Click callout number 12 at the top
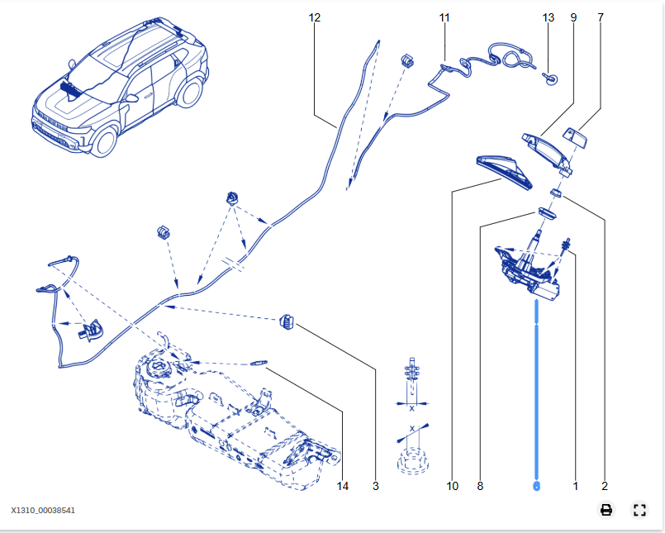[314, 17]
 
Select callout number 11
[444, 17]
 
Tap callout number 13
[549, 17]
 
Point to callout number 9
[572, 17]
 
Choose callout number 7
[600, 17]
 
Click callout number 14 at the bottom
[343, 486]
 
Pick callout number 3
[375, 486]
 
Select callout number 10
[452, 486]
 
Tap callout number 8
[480, 486]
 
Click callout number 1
[576, 486]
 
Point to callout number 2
[604, 486]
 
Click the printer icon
[606, 510]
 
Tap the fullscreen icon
[639, 510]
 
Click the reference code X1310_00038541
[43, 511]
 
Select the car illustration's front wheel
[103, 140]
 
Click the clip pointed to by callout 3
[287, 321]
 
